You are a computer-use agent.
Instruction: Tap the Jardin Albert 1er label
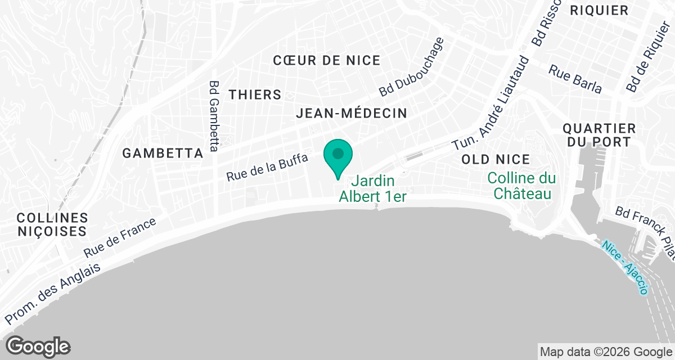(372, 189)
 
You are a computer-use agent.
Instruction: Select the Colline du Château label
(521, 186)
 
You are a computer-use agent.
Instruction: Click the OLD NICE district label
(496, 160)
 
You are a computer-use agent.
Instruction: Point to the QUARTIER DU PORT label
(599, 136)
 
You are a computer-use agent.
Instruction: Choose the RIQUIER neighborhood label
(598, 10)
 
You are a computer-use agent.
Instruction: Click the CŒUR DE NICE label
(326, 60)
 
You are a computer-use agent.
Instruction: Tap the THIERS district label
(255, 94)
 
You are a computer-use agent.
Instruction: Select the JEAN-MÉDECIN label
(352, 114)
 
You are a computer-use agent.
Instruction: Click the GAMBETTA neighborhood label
(163, 153)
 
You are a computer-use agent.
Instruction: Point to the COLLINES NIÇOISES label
(52, 224)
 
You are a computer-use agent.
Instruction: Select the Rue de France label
(120, 238)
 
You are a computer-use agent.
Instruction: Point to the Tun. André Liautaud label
(490, 104)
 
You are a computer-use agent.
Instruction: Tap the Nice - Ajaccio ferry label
(624, 268)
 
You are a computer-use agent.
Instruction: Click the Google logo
(38, 346)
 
